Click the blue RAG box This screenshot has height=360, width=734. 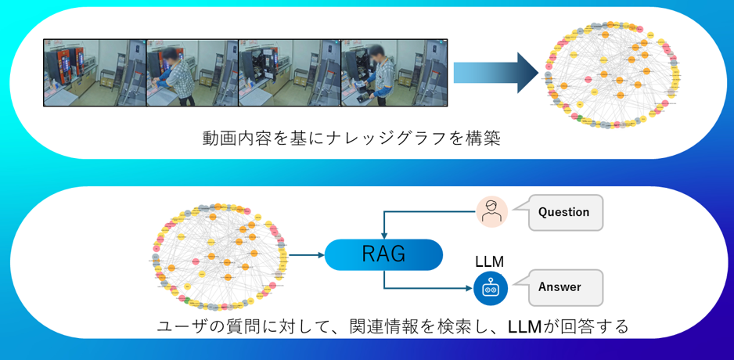(x=383, y=254)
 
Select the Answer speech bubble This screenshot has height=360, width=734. (x=565, y=287)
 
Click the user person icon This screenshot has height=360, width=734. (x=491, y=212)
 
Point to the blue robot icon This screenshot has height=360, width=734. (x=491, y=288)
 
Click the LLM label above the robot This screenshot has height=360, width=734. (x=490, y=261)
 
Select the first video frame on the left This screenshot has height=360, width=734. (x=95, y=72)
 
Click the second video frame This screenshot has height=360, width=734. (x=192, y=72)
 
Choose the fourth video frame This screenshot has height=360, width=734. (x=394, y=72)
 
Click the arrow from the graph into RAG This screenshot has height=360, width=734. (x=307, y=255)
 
